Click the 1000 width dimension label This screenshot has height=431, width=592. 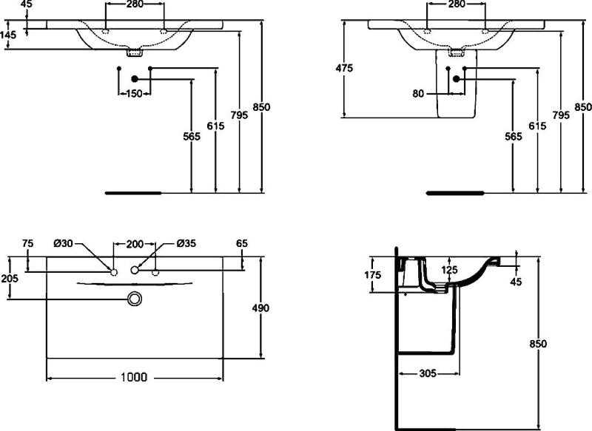pos(134,377)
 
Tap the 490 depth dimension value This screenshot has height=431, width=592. pos(260,308)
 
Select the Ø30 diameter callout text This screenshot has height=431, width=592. pos(63,243)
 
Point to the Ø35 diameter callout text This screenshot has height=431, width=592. pos(186,243)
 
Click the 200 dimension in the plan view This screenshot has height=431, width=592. pos(135,245)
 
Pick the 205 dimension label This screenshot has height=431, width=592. pos(9,278)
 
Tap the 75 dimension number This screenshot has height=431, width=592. pos(27,243)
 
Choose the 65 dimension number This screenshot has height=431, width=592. pos(242,243)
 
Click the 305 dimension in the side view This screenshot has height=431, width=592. pos(428,373)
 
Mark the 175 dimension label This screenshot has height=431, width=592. pos(373,275)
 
